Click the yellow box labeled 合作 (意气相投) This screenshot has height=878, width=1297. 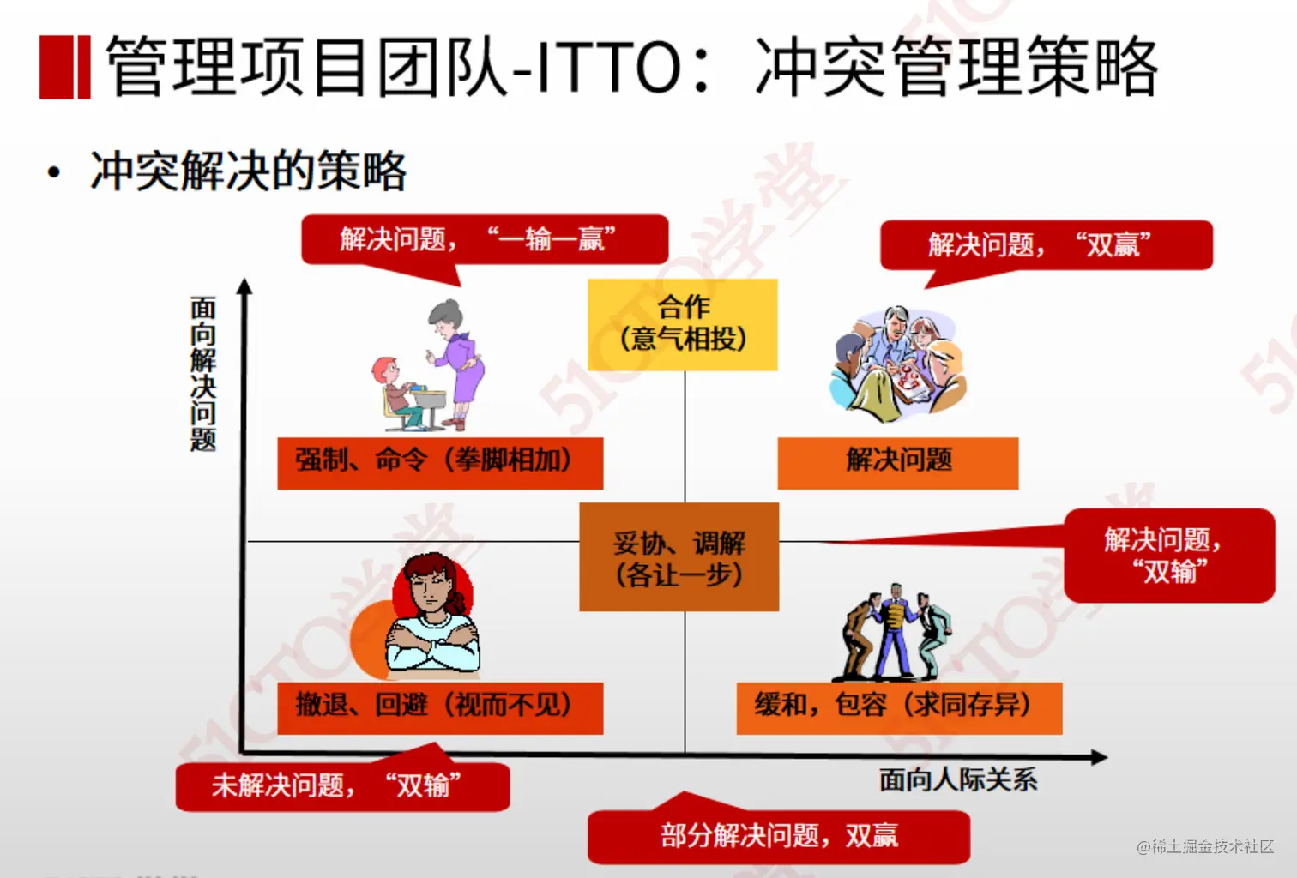pos(683,325)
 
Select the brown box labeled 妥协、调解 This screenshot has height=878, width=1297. pos(679,556)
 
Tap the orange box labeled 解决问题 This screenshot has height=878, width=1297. pos(898,463)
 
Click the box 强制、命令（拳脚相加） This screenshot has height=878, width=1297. pos(440,463)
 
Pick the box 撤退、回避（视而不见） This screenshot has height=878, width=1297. pos(440,708)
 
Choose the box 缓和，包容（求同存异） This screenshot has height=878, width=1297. pos(899,708)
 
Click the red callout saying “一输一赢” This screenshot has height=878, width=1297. pos(485,239)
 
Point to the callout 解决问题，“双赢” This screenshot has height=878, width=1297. pos(1047,245)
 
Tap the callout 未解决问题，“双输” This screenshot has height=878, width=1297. pos(343,786)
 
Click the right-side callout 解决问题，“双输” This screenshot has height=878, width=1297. pos(1169,556)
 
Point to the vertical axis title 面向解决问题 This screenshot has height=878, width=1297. pos(202,374)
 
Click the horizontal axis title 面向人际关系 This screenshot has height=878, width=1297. pos(958,779)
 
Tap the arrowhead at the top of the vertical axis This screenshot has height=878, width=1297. pos(245,286)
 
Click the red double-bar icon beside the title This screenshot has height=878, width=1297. pos(65,67)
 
